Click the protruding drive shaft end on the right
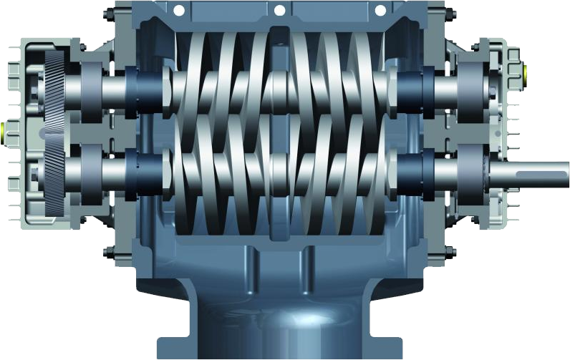point(544,174)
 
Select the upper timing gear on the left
point(54,86)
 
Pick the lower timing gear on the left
point(54,172)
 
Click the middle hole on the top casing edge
point(279,10)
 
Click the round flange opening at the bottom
point(279,326)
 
